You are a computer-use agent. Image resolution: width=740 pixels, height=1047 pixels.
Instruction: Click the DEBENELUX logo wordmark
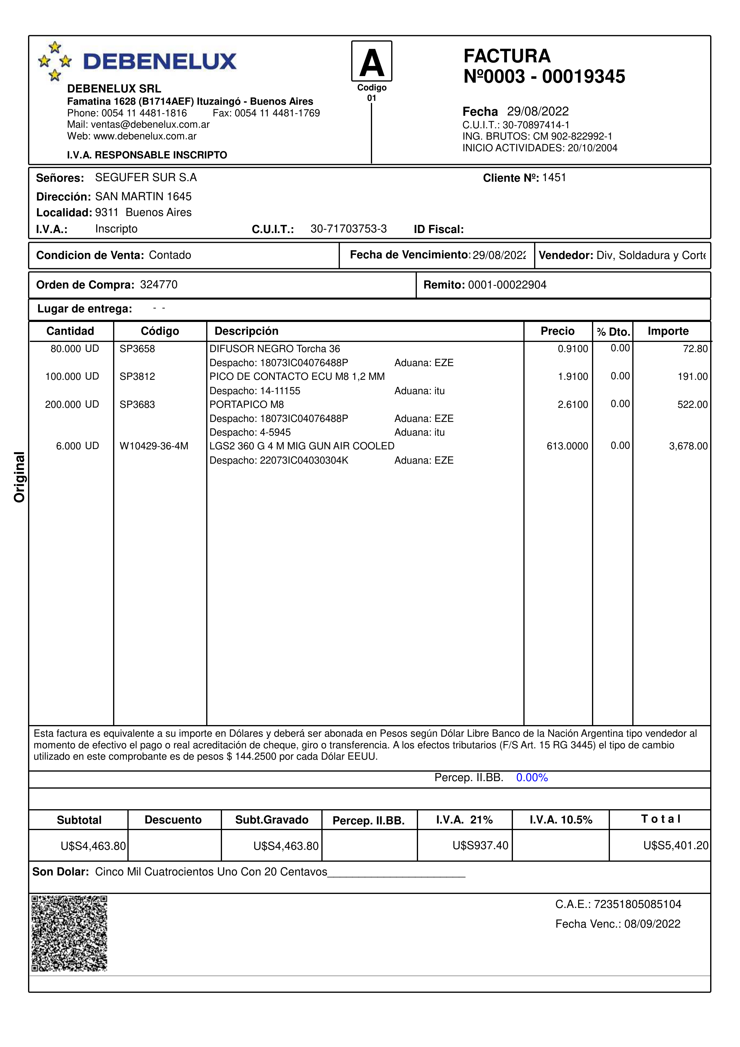(160, 61)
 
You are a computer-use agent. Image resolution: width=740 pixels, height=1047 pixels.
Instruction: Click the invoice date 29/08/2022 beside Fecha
(538, 111)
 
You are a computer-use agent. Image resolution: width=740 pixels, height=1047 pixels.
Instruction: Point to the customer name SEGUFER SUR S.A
(146, 178)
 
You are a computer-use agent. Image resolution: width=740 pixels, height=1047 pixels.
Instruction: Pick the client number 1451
(554, 178)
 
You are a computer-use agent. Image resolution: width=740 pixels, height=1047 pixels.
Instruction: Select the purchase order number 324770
(159, 285)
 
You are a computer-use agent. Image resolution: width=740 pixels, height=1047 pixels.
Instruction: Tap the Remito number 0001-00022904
(507, 285)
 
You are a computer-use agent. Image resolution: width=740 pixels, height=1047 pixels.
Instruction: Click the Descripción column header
(246, 331)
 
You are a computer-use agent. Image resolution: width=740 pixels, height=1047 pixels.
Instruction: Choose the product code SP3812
(137, 377)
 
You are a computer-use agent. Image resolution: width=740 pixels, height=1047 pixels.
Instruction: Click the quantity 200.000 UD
(72, 405)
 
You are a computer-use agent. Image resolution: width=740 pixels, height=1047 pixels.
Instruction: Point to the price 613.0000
(567, 446)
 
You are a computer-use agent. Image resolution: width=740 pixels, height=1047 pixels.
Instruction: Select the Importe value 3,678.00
(688, 446)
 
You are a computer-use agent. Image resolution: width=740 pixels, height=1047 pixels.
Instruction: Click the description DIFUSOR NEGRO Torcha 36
(275, 349)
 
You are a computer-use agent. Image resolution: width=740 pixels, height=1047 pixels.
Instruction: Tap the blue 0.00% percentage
(532, 778)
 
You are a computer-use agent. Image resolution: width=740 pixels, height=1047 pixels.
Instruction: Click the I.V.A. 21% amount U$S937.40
(480, 845)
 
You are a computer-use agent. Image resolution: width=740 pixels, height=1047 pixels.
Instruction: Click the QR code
(69, 933)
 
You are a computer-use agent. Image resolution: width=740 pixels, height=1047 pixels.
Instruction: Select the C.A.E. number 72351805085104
(637, 904)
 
